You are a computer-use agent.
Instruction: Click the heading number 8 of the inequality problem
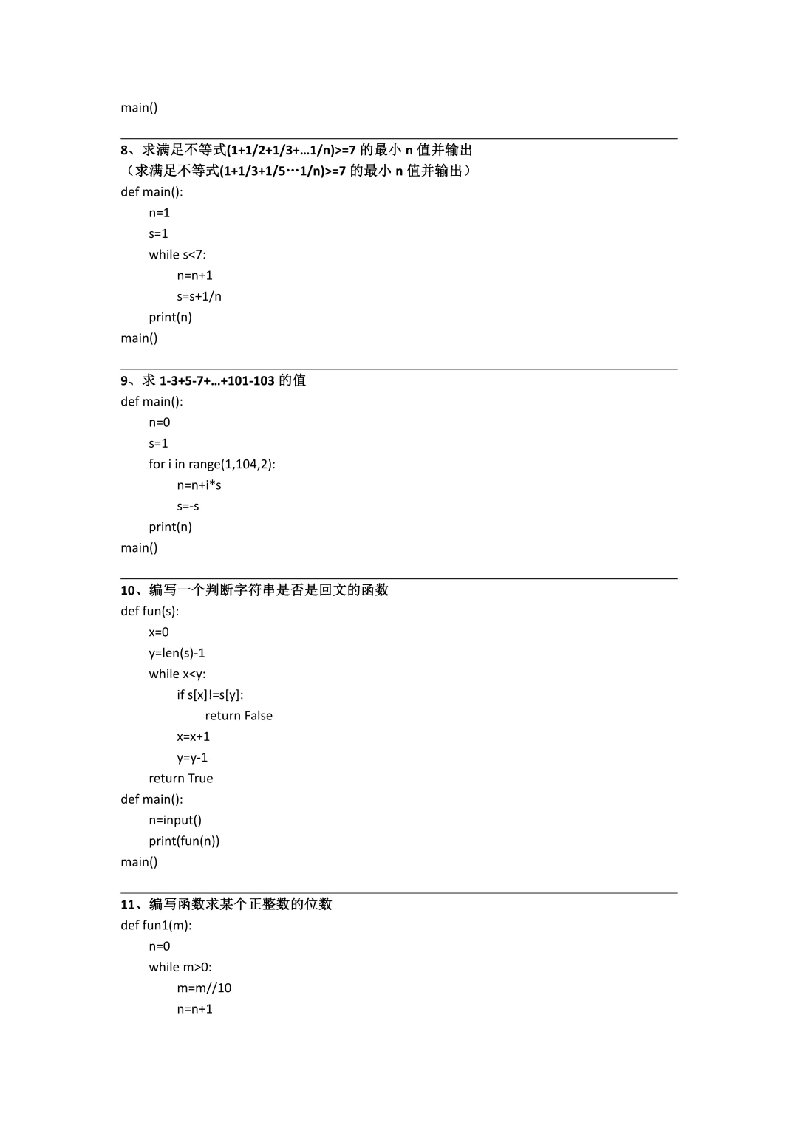click(125, 150)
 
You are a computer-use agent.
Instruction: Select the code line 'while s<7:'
click(177, 255)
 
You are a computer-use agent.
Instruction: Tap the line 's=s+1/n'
click(199, 296)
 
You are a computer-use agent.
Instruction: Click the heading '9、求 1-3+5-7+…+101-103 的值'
click(213, 380)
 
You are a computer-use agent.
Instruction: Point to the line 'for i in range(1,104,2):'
click(211, 465)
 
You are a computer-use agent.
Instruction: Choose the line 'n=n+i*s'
click(199, 485)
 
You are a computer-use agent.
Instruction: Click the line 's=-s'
click(188, 507)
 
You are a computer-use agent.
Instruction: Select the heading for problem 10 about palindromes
click(254, 590)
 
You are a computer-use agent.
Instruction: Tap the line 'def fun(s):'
click(150, 612)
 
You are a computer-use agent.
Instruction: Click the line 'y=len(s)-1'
click(177, 653)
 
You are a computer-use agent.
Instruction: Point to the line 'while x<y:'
click(177, 674)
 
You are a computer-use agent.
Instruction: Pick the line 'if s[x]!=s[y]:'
click(210, 695)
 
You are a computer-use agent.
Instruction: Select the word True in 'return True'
click(199, 779)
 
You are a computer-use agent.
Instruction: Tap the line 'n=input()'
click(175, 821)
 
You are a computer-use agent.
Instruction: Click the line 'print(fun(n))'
click(184, 841)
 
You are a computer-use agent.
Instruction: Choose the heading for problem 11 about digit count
click(226, 904)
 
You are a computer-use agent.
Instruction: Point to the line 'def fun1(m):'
click(156, 926)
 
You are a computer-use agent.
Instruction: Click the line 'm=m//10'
click(204, 988)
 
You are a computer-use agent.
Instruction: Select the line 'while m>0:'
click(180, 968)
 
